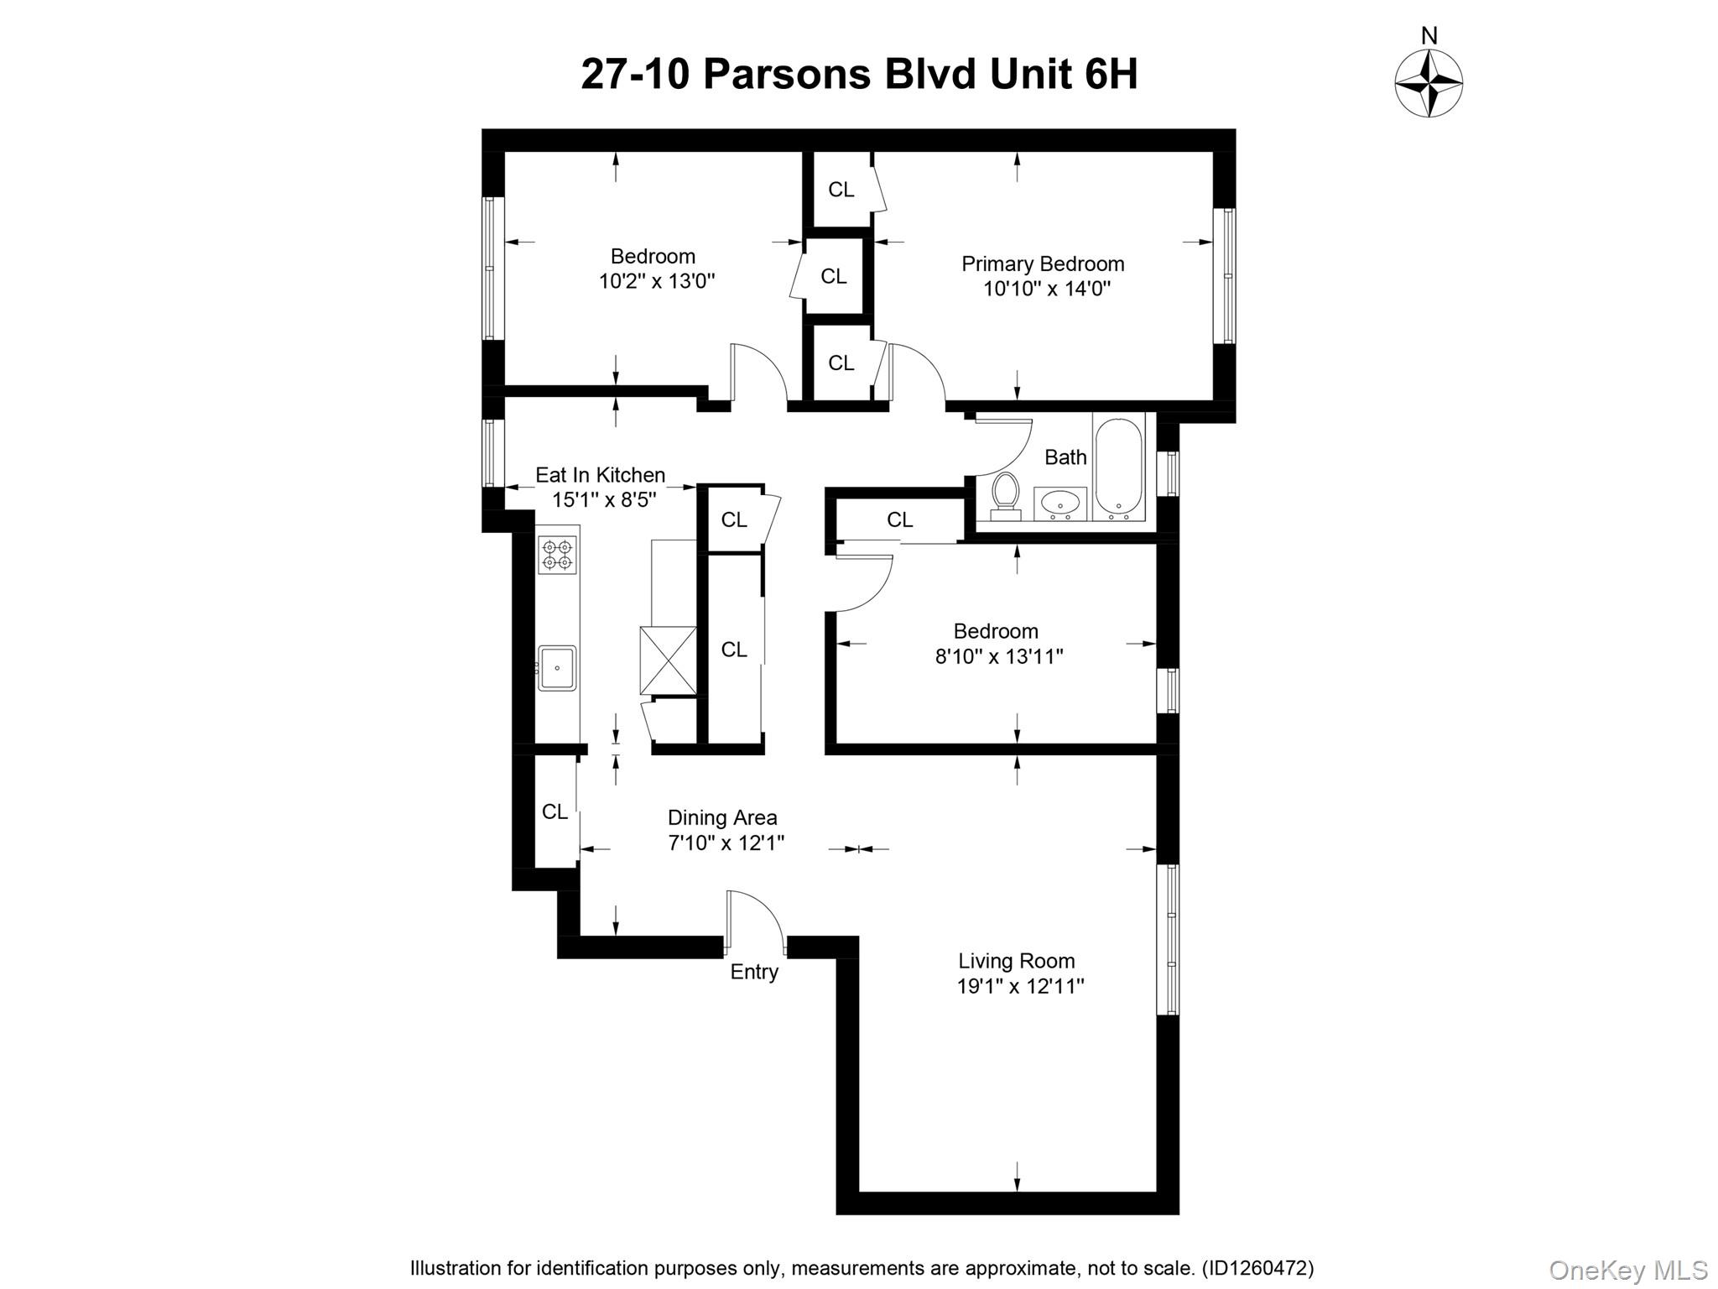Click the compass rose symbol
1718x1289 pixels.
tap(1429, 83)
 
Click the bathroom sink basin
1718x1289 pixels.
tap(1060, 504)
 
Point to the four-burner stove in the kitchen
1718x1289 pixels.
tap(557, 555)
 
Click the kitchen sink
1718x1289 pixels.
tap(557, 668)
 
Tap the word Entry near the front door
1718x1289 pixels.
tap(754, 972)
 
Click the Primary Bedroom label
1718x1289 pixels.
tap(1043, 264)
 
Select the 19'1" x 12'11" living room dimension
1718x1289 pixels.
tap(1020, 986)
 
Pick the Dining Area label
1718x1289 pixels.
tap(722, 817)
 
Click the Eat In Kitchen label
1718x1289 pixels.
tap(600, 475)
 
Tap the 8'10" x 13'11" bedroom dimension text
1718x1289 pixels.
tap(999, 656)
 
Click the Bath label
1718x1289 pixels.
tap(1065, 457)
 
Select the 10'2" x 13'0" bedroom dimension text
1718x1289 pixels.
tap(657, 281)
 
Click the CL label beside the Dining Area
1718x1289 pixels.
tap(554, 811)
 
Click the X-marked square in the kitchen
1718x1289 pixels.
tap(668, 660)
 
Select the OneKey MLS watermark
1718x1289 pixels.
tap(1627, 1271)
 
